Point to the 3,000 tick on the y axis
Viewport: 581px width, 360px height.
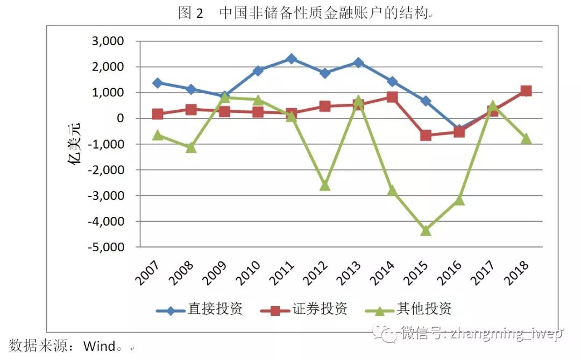click(109, 41)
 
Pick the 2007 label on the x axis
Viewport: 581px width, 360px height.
click(145, 272)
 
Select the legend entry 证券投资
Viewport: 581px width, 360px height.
click(320, 309)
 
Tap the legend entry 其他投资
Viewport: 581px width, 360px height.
click(424, 309)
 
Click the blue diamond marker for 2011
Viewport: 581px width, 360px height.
click(291, 59)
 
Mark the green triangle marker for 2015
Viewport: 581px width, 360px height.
click(426, 230)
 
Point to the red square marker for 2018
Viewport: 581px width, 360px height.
click(526, 91)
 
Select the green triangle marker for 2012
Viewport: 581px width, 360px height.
click(324, 185)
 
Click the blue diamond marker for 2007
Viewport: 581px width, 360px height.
click(157, 83)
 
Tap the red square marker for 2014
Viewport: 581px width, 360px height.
click(392, 97)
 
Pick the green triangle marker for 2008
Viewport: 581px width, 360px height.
click(190, 147)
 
